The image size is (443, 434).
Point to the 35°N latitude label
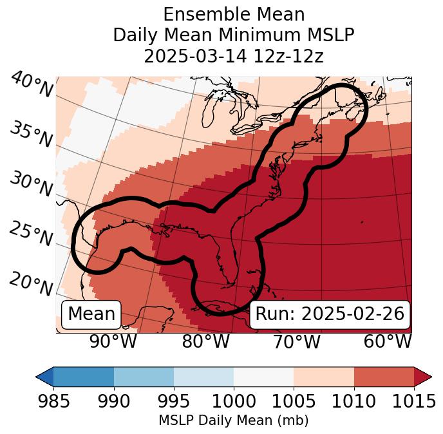(x=31, y=135)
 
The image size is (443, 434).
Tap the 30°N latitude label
(x=31, y=184)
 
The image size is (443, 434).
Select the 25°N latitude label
(x=31, y=234)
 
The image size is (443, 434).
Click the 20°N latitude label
(x=31, y=283)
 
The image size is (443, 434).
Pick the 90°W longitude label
(x=113, y=342)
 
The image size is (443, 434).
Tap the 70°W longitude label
(x=297, y=342)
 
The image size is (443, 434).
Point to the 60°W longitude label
(x=387, y=342)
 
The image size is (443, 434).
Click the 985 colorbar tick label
(x=53, y=402)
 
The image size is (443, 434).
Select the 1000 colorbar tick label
(x=233, y=402)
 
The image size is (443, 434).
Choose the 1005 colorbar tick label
(x=294, y=402)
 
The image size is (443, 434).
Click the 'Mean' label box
(x=91, y=314)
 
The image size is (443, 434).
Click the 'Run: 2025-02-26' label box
(x=330, y=314)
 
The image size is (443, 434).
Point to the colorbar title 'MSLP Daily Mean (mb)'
(x=233, y=420)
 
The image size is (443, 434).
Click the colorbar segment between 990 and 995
(x=144, y=377)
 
